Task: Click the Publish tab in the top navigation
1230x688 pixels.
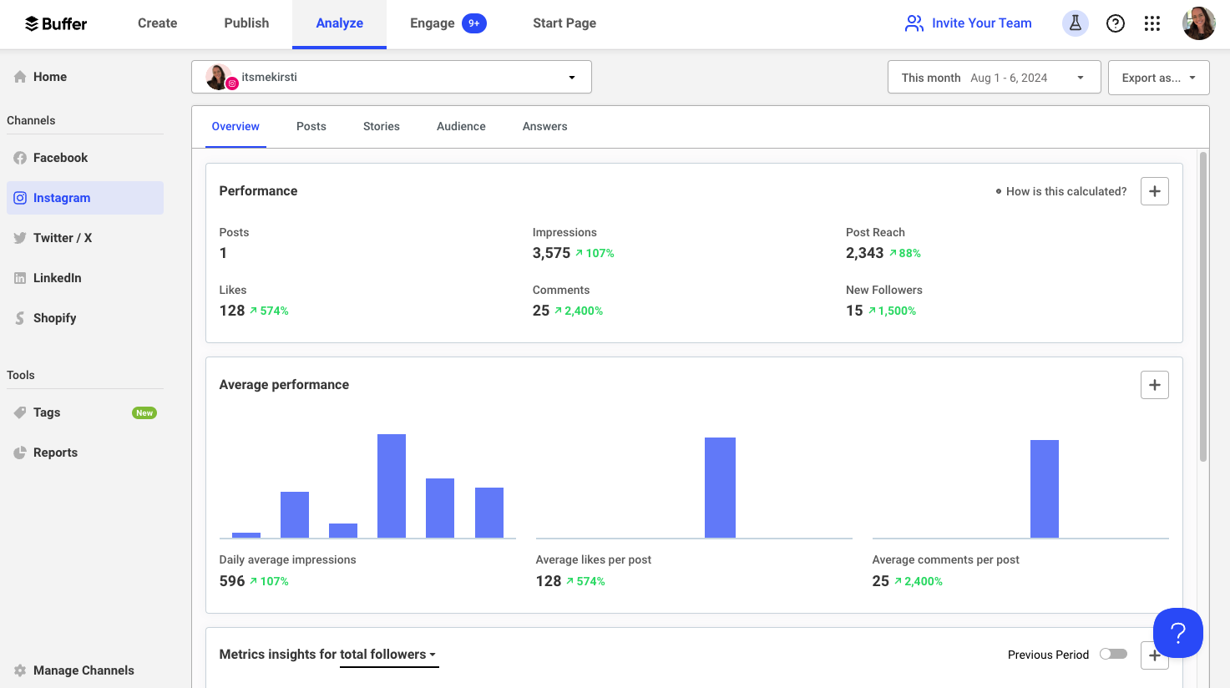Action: click(x=246, y=23)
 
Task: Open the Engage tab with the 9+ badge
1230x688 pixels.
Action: click(x=447, y=23)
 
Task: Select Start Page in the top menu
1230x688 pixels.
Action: click(x=564, y=23)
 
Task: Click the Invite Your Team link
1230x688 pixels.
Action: click(x=969, y=23)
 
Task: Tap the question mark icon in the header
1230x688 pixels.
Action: click(x=1115, y=23)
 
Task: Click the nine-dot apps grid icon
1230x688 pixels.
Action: click(x=1152, y=23)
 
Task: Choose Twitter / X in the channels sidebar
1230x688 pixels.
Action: click(x=63, y=238)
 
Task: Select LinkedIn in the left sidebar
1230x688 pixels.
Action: click(x=57, y=278)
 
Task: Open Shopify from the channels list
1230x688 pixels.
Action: click(x=54, y=318)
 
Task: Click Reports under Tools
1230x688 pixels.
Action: click(x=55, y=453)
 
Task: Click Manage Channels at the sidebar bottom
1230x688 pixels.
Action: click(x=84, y=670)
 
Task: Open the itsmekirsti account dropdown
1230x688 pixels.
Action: click(x=392, y=77)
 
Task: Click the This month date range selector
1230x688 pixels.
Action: click(x=994, y=78)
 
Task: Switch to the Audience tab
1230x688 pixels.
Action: click(x=461, y=126)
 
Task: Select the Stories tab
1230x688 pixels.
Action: click(x=381, y=126)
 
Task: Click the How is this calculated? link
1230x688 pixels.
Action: click(x=1065, y=191)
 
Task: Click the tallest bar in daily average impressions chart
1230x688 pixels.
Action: click(x=392, y=486)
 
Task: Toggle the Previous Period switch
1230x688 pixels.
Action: click(x=1113, y=654)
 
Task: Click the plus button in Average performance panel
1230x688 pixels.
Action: click(x=1154, y=385)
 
